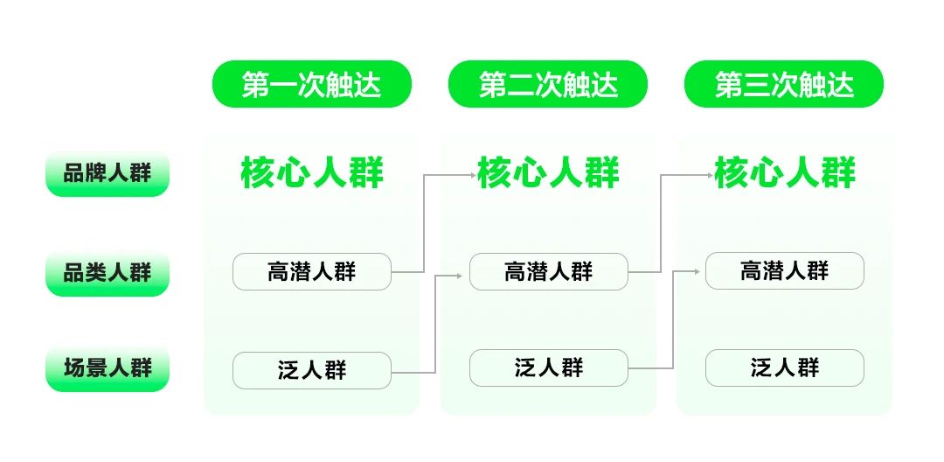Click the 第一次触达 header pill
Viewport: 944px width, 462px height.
(x=312, y=84)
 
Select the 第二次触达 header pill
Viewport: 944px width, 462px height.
(x=548, y=84)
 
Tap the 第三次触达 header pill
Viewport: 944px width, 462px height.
(x=784, y=84)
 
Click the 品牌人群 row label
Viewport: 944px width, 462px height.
(x=108, y=173)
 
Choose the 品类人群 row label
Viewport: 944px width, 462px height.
(x=108, y=273)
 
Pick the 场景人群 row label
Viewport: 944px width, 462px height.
(x=108, y=368)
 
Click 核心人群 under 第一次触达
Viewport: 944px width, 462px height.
(x=312, y=173)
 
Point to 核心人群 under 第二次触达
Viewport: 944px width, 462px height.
(x=548, y=173)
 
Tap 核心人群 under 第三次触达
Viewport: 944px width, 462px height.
(x=785, y=173)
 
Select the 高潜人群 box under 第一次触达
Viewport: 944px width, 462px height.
(x=312, y=271)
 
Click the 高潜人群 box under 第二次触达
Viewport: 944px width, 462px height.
(x=548, y=271)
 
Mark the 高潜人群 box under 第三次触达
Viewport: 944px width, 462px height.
(x=784, y=270)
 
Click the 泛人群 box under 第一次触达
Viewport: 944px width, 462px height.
(x=312, y=370)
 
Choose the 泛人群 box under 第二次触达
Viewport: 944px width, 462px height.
(x=548, y=367)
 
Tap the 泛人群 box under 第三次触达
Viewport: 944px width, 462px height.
(x=784, y=367)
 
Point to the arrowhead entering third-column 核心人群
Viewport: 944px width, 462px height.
(x=709, y=175)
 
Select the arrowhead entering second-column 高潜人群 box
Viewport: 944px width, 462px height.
(x=460, y=276)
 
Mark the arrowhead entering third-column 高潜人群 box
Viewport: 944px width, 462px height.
(x=697, y=271)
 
